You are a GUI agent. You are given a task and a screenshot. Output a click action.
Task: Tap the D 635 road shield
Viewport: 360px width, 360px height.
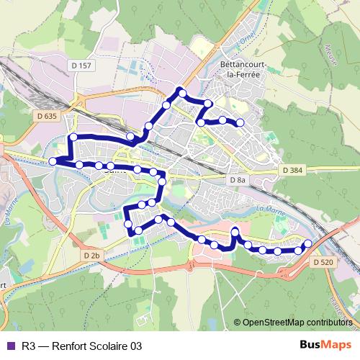point(45,114)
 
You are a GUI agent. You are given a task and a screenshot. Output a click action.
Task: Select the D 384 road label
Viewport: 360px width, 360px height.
point(293,170)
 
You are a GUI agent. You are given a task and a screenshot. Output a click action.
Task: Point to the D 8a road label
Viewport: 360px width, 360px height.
point(236,179)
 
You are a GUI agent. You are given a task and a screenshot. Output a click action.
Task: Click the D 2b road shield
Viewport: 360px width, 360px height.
point(91,256)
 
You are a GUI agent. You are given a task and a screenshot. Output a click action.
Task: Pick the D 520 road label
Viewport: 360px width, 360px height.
point(323,263)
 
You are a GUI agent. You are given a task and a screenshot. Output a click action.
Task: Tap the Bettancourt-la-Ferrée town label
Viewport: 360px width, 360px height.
point(243,70)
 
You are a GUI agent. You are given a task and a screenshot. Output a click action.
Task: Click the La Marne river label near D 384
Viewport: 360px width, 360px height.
point(271,208)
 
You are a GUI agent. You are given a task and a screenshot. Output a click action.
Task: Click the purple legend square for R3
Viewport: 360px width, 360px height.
point(9,346)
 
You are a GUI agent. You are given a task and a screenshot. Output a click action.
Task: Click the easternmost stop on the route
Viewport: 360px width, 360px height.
point(308,243)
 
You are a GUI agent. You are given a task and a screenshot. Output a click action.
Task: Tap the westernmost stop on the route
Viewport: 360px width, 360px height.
point(53,161)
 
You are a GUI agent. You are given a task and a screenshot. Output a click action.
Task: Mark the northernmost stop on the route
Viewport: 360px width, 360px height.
point(182,91)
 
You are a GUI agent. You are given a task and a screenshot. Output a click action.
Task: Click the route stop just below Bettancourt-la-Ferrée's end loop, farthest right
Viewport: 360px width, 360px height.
point(240,124)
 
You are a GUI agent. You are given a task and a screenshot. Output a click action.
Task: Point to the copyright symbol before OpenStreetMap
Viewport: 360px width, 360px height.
point(238,322)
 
